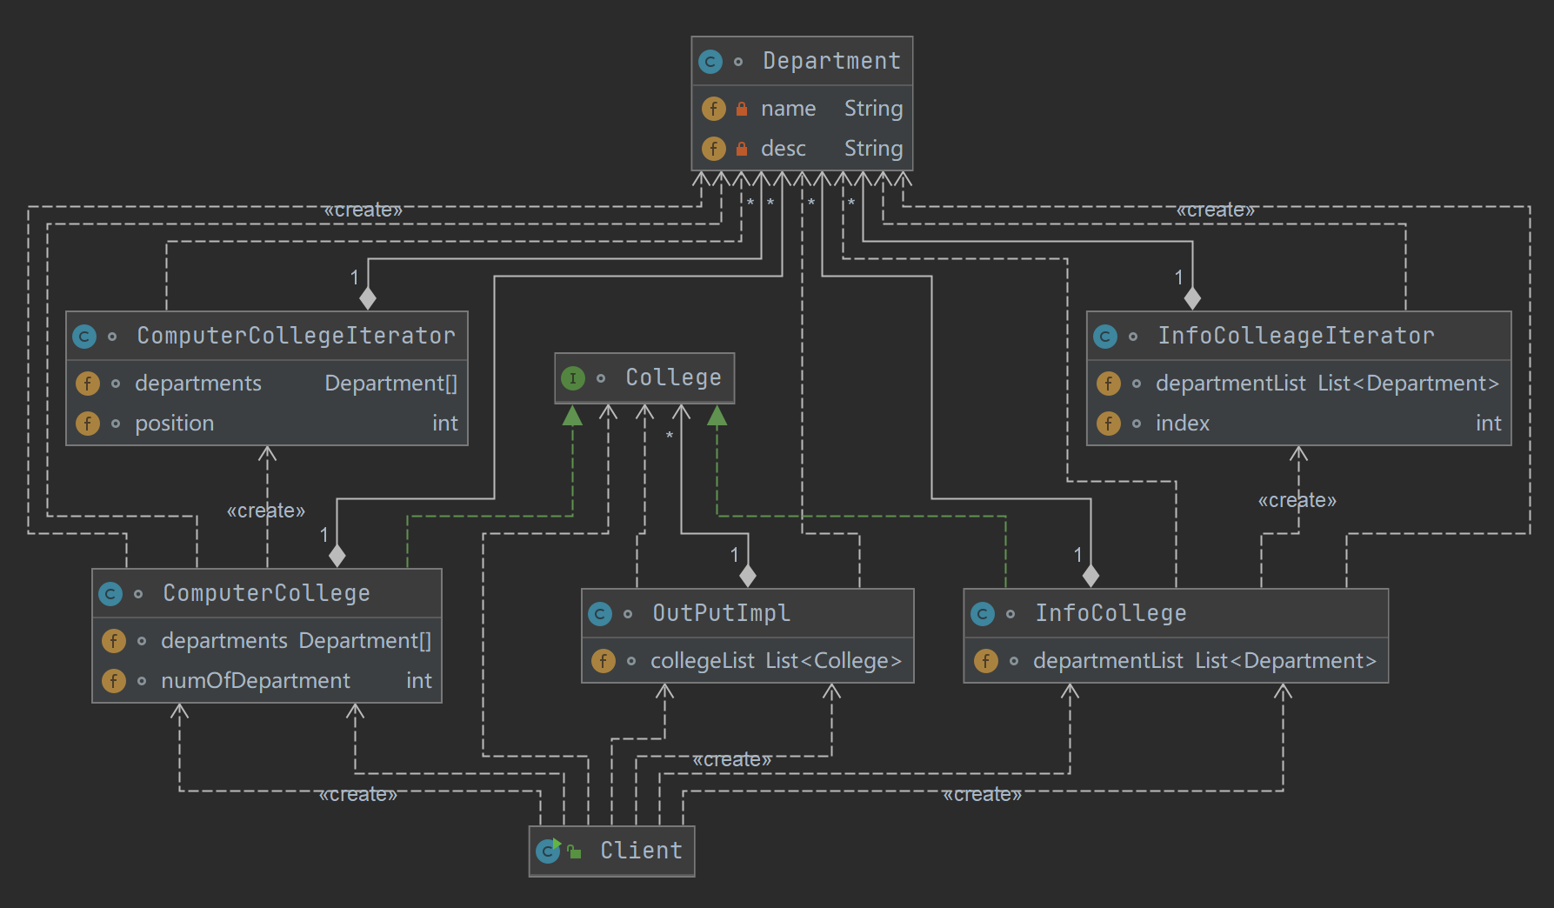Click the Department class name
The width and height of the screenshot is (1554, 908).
(831, 61)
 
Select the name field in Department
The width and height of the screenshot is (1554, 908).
(788, 109)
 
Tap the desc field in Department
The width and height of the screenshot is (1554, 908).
(783, 149)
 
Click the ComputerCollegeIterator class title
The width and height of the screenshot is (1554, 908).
(296, 336)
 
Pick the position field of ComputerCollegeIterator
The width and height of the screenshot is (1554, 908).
(174, 424)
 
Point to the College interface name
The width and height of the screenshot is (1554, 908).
(673, 377)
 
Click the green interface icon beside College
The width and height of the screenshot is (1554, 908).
(572, 378)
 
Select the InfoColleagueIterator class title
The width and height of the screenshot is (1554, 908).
(1295, 336)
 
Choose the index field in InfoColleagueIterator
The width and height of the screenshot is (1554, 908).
(1182, 424)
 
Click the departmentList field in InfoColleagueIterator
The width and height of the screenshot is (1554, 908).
(1230, 384)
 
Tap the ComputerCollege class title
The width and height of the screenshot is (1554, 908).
(266, 593)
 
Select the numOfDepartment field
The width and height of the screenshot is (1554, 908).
(255, 681)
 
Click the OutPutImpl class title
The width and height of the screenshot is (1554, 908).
(721, 613)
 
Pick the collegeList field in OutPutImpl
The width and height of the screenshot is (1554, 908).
(702, 661)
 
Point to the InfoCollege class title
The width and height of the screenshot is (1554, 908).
(1110, 613)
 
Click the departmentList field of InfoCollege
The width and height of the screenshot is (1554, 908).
(1107, 661)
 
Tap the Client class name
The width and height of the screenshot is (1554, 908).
(641, 851)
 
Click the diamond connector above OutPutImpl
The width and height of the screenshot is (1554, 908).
(747, 575)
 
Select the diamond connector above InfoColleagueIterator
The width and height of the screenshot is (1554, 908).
(1192, 298)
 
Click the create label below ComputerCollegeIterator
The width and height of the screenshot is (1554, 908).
(265, 511)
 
